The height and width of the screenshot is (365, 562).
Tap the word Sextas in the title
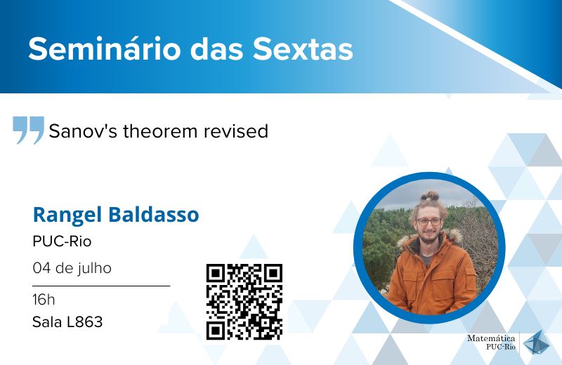coord(303,48)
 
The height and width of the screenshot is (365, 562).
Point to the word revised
coord(236,131)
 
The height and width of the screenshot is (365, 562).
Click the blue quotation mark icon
coord(28,130)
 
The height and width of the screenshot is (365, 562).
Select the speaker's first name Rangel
coord(67,215)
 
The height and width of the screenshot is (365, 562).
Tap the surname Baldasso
coord(153,214)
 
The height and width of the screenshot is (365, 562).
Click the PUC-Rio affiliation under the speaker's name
coord(62,241)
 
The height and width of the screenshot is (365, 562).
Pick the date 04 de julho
coord(72,268)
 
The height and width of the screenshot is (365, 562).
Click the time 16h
coord(44,300)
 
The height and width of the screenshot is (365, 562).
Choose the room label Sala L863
coord(67,321)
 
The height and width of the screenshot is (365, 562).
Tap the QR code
coord(244,302)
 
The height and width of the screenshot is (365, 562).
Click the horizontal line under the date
coord(101,286)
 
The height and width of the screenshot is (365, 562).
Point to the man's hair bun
coord(430,196)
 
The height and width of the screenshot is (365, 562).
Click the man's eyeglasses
coord(429,222)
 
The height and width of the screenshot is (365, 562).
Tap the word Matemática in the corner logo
coord(491,338)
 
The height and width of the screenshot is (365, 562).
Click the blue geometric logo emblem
coord(536,343)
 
